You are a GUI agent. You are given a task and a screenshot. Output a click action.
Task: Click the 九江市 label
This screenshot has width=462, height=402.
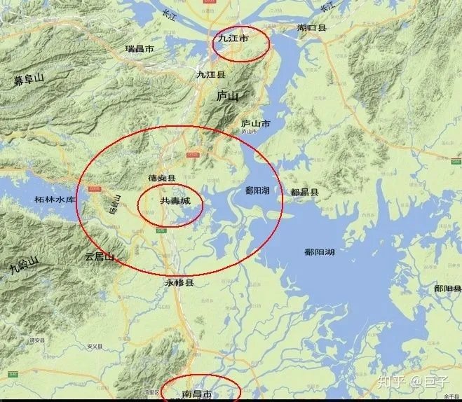[x=234, y=41]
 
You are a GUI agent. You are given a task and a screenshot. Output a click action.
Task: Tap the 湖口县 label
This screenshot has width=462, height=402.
[x=311, y=28]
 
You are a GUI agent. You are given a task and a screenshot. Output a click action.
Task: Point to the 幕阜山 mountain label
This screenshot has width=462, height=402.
[x=29, y=79]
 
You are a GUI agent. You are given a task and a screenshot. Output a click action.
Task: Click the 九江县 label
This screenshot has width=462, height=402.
[x=211, y=74]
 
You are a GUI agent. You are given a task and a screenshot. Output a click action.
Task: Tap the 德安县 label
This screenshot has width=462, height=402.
[x=162, y=179]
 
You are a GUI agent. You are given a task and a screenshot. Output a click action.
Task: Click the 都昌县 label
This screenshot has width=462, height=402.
[x=304, y=192]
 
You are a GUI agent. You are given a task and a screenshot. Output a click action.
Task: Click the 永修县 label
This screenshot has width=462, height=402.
[x=179, y=282]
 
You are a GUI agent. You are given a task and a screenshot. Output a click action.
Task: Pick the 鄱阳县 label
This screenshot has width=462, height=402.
[x=447, y=289]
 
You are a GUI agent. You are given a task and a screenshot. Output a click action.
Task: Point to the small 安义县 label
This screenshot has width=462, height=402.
[x=95, y=346]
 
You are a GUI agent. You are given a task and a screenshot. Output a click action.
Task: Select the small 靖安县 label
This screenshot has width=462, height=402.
[x=36, y=340]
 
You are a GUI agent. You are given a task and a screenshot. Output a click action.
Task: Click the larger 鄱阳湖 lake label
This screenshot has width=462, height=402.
[x=320, y=251]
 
